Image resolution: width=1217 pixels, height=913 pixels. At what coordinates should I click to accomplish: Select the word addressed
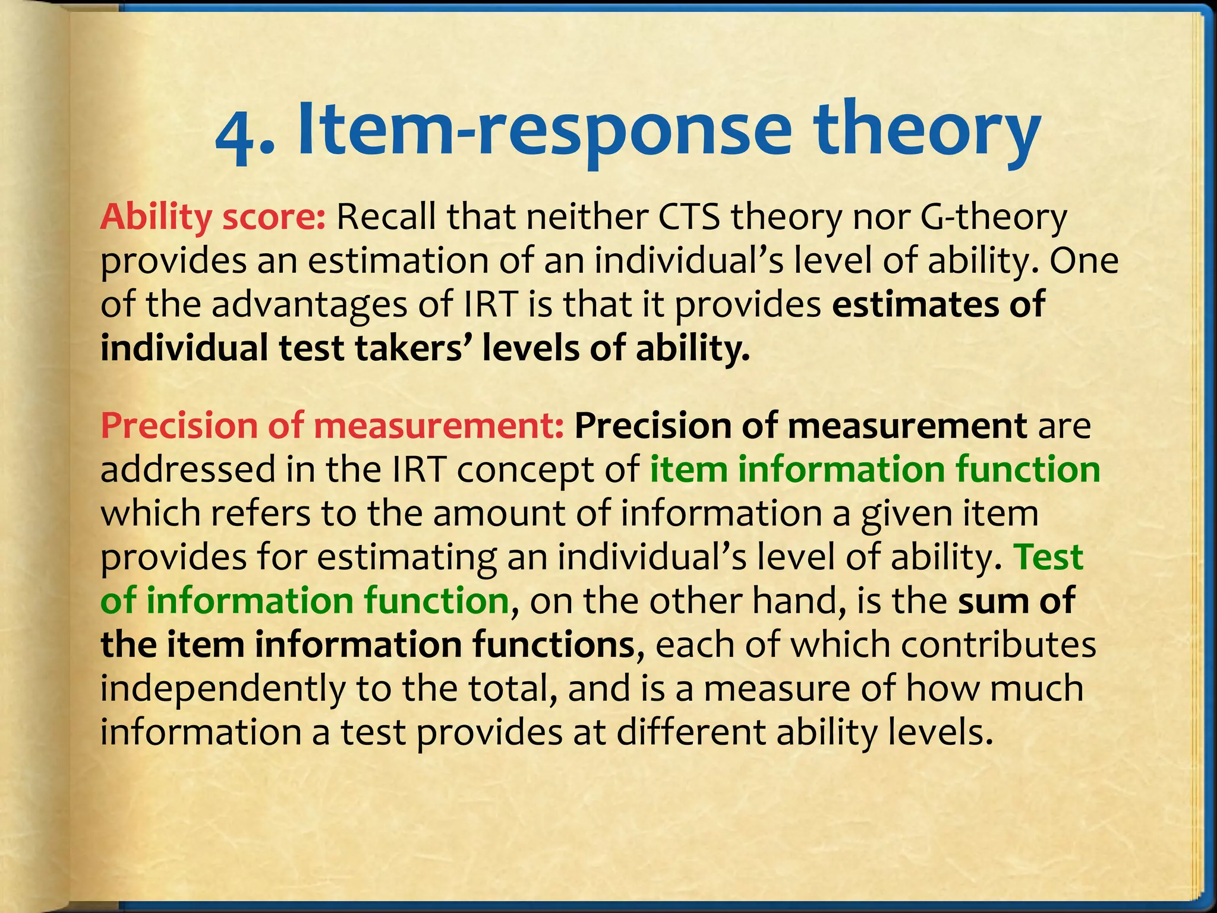point(188,470)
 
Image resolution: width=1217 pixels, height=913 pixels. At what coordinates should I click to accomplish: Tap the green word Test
point(1050,558)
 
